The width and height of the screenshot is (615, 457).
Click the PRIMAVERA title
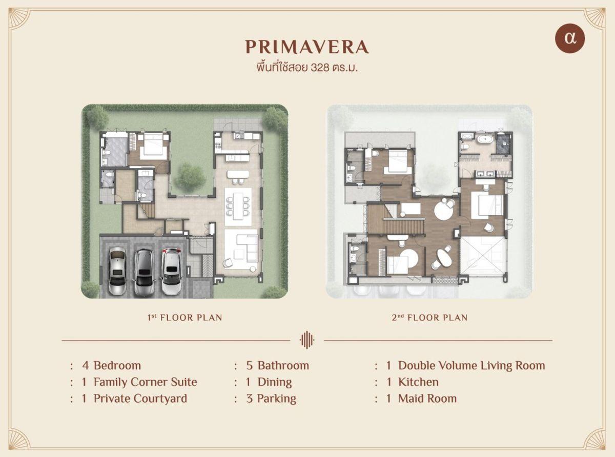coord(307,47)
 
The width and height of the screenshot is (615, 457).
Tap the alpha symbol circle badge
coord(570,38)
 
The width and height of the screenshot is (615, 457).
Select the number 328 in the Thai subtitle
coord(320,68)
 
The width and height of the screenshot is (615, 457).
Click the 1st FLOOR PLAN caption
coord(184,318)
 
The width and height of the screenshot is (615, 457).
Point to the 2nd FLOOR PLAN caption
coord(429,318)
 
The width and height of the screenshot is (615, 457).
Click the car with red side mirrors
coord(171,271)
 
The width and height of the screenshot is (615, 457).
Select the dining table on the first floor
coord(238,206)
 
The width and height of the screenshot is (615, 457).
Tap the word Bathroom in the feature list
coord(283,365)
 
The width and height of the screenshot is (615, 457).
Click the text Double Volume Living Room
coord(471,365)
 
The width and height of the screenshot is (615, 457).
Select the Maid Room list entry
coord(421,399)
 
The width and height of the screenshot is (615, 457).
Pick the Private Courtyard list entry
coord(134,399)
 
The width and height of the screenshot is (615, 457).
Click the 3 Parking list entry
coord(271,399)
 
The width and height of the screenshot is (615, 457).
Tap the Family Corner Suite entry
coord(139,382)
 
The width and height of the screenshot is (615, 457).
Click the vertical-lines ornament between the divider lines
coord(307,340)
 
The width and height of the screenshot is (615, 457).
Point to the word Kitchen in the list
coord(418,382)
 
